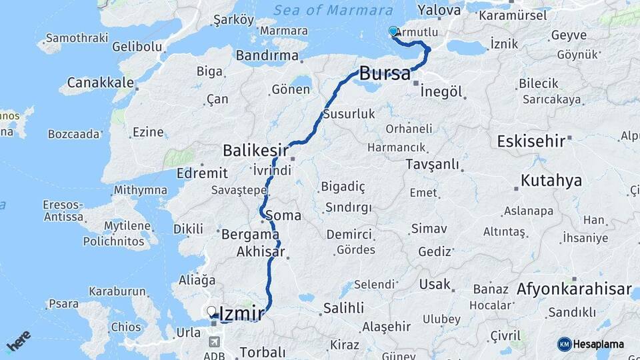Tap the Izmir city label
[242, 312]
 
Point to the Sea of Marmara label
[333, 11]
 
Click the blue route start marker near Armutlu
[393, 31]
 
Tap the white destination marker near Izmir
[211, 311]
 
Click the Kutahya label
[551, 181]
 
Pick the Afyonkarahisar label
[574, 290]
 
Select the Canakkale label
[101, 85]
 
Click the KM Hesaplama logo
[591, 344]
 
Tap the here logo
[19, 341]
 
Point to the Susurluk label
[349, 114]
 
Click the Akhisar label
[261, 252]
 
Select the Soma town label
[283, 216]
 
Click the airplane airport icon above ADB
[214, 342]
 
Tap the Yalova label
[439, 11]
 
